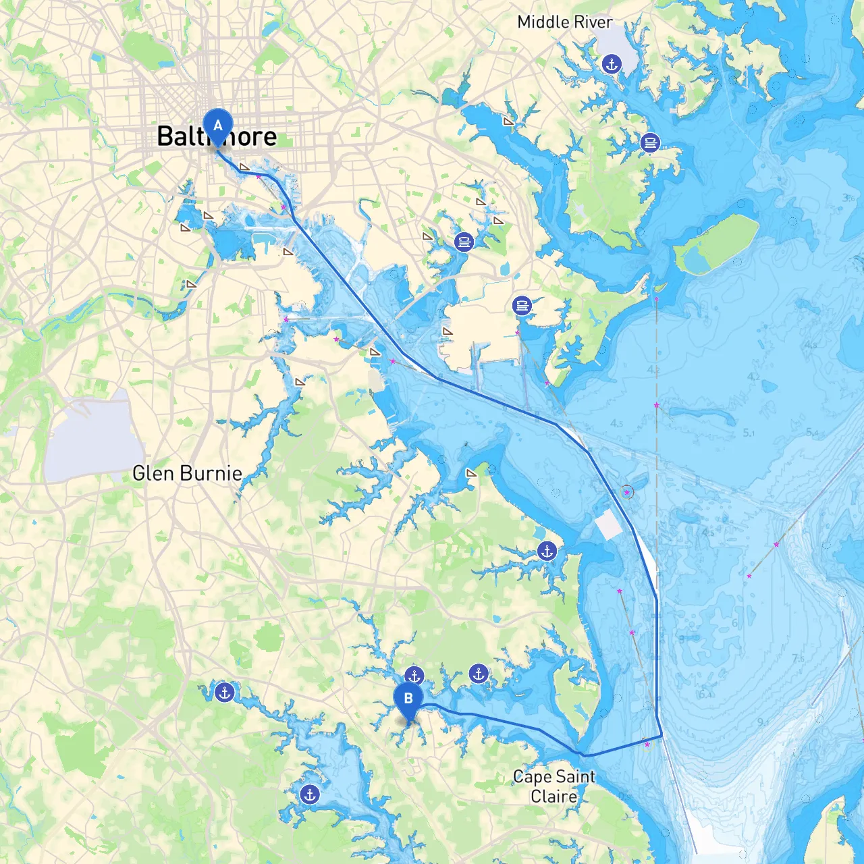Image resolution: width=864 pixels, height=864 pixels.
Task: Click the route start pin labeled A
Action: pyautogui.click(x=217, y=126)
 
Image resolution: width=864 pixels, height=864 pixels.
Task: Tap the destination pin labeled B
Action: pyautogui.click(x=408, y=699)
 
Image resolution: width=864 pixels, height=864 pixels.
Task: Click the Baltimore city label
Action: pyautogui.click(x=217, y=136)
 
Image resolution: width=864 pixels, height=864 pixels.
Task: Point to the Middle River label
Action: pyautogui.click(x=565, y=22)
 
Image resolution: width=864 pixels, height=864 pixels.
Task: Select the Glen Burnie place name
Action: pyautogui.click(x=187, y=473)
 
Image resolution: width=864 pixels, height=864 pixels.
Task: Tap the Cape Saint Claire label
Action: pyautogui.click(x=554, y=786)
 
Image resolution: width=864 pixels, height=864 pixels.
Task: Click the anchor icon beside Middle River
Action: pyautogui.click(x=612, y=64)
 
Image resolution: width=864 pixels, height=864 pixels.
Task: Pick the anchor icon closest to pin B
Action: pyautogui.click(x=414, y=675)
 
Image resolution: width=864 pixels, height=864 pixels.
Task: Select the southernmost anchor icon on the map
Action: pyautogui.click(x=310, y=794)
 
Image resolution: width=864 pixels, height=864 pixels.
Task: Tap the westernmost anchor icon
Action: pyautogui.click(x=224, y=692)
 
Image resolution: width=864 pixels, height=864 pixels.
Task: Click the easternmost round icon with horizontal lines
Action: pyautogui.click(x=650, y=142)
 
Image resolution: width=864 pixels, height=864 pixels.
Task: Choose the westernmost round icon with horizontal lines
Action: pyautogui.click(x=464, y=241)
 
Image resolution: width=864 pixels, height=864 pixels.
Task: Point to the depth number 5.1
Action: pyautogui.click(x=749, y=433)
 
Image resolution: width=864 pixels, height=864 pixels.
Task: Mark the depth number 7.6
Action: pyautogui.click(x=798, y=658)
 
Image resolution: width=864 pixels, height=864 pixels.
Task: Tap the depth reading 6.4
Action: pyautogui.click(x=705, y=693)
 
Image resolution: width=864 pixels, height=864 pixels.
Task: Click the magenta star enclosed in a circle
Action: pyautogui.click(x=626, y=493)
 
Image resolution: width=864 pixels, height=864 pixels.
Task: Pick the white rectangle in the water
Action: pyautogui.click(x=609, y=524)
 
